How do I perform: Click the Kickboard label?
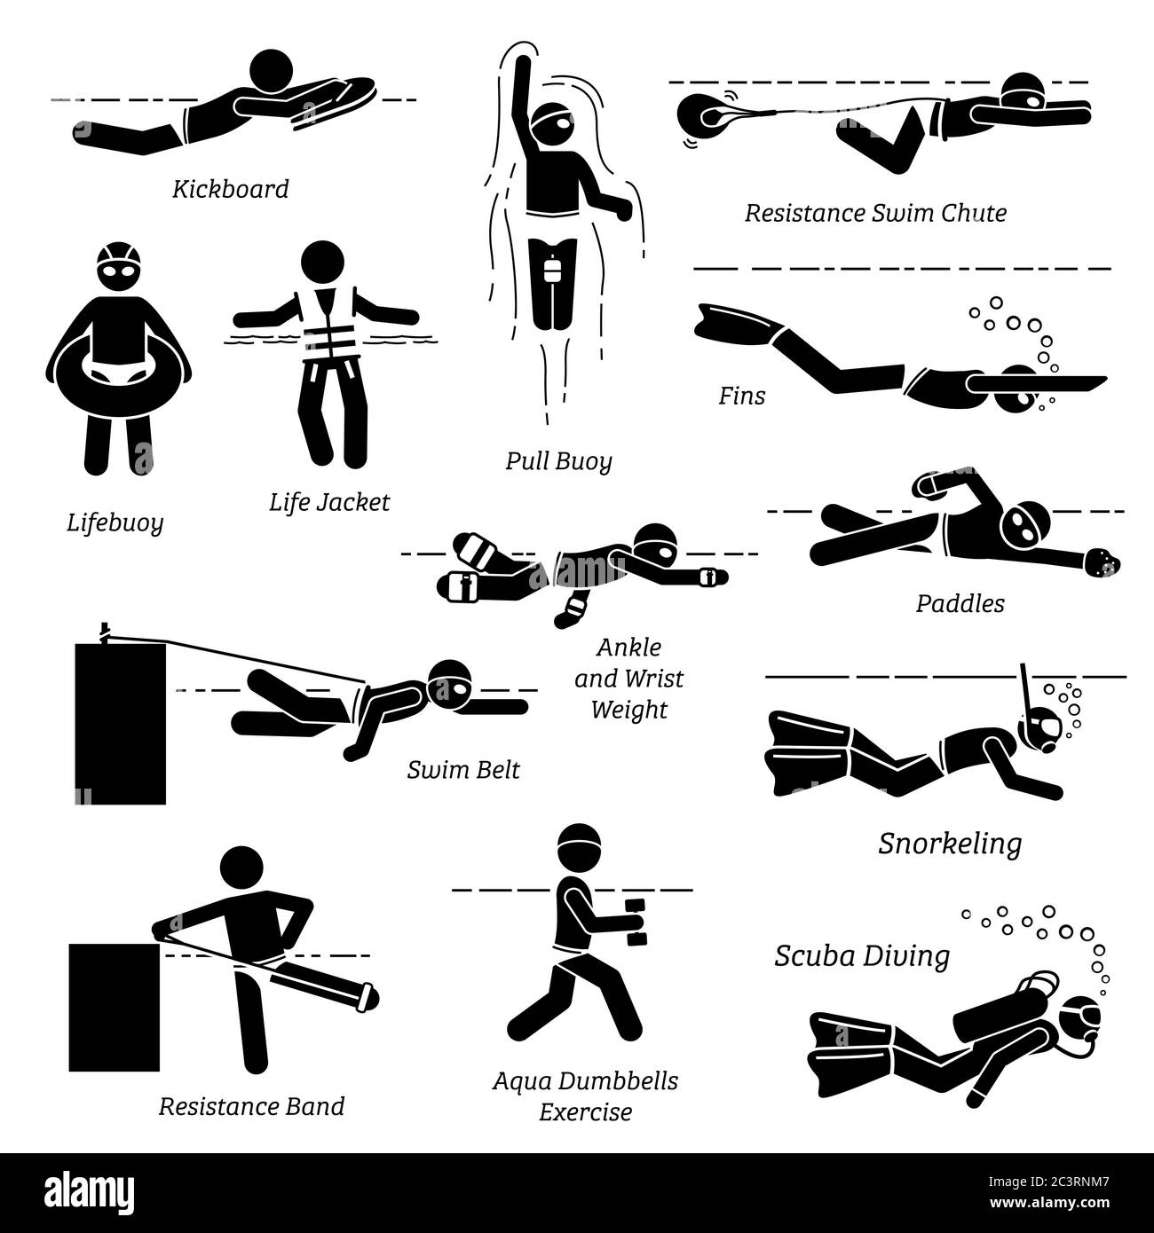(231, 189)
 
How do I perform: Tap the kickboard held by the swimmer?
(336, 99)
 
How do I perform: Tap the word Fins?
(742, 396)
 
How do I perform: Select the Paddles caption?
(960, 603)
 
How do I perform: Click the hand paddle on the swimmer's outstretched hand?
(1102, 562)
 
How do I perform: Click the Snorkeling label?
(950, 844)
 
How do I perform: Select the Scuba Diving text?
(862, 955)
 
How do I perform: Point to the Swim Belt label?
(463, 770)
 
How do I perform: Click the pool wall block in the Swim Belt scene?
(121, 724)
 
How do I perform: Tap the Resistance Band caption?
(252, 1106)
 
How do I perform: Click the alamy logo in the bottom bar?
(90, 1191)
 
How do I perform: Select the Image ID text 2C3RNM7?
(1049, 1182)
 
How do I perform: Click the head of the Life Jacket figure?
(322, 262)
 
